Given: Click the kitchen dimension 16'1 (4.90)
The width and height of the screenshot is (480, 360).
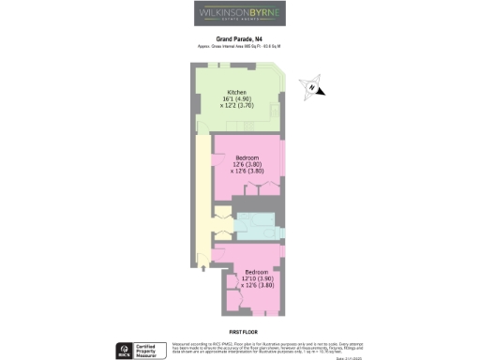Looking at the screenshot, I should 235,99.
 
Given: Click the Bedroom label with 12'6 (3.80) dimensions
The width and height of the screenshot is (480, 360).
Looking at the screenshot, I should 246,157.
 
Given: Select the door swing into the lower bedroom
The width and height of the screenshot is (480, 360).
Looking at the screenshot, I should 220,251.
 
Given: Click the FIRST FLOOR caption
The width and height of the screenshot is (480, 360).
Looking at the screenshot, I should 243,332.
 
